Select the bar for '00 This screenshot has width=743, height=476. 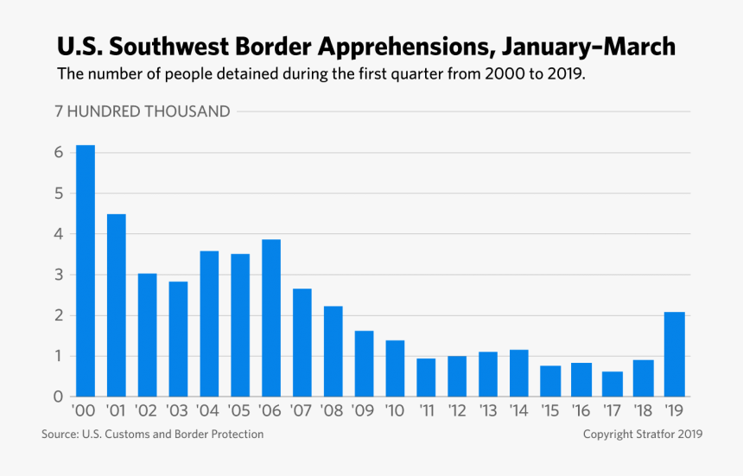(x=86, y=271)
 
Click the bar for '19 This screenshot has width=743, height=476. (x=675, y=354)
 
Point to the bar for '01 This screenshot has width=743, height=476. (x=117, y=306)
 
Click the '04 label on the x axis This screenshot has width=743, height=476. (x=208, y=410)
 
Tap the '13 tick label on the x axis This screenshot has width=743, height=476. (x=487, y=410)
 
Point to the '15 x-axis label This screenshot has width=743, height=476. (x=549, y=410)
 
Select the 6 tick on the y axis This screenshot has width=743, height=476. (x=60, y=153)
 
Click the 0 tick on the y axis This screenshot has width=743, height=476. (x=60, y=397)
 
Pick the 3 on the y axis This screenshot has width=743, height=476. (x=60, y=276)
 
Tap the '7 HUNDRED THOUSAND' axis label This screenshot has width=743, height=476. (x=143, y=111)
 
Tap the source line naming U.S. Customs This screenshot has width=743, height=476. (x=152, y=435)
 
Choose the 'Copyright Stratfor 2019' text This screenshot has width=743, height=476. (x=642, y=435)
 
